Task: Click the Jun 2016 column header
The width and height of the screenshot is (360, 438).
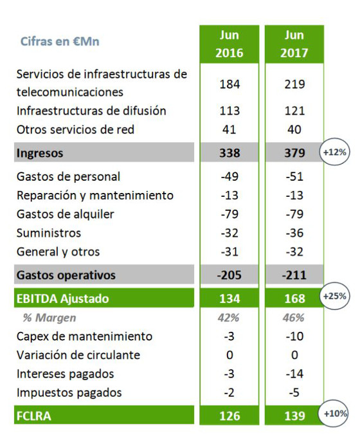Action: [229, 44]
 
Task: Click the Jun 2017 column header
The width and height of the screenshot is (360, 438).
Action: [293, 44]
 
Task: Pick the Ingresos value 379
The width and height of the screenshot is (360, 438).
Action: [293, 154]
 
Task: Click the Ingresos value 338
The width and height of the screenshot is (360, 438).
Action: [229, 154]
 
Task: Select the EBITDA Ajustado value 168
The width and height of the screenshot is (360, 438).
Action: [293, 298]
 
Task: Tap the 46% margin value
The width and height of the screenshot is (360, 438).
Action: [293, 318]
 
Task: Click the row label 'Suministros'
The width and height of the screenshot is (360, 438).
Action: [49, 233]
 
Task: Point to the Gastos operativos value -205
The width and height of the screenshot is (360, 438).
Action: [229, 275]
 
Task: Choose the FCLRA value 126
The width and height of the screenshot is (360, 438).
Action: [229, 416]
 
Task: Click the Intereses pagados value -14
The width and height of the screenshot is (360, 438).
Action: [293, 374]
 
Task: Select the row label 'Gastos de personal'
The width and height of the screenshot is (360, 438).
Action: [68, 176]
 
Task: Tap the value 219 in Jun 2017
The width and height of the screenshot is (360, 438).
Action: [293, 84]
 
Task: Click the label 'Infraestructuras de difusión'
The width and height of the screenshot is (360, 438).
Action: [91, 111]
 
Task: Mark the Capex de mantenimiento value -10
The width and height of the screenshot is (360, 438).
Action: [293, 336]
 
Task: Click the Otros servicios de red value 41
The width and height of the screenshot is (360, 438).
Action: [229, 129]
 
